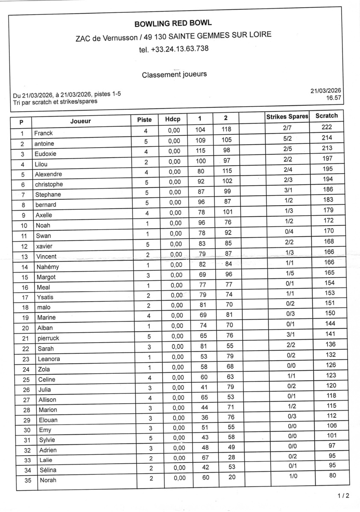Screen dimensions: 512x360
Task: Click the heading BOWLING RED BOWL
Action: [x=173, y=23]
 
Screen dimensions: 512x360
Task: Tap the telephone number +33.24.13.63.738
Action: [x=174, y=49]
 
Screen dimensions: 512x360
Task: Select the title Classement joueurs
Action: [x=174, y=75]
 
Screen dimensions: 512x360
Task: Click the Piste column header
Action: [x=144, y=120]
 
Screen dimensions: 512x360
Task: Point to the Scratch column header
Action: [x=326, y=116]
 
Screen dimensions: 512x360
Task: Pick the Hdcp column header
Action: [x=173, y=120]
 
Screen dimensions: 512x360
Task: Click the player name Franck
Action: [x=44, y=133]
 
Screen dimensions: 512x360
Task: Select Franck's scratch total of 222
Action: [x=327, y=127]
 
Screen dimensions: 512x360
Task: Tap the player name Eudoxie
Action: [x=46, y=154]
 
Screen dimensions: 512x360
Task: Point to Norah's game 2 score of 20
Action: [x=231, y=477]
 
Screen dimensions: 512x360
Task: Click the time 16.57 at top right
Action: [x=334, y=98]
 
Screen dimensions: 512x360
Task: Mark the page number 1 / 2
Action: [x=343, y=496]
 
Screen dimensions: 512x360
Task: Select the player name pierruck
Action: [x=49, y=338]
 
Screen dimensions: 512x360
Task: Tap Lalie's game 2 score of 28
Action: [x=231, y=457]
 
